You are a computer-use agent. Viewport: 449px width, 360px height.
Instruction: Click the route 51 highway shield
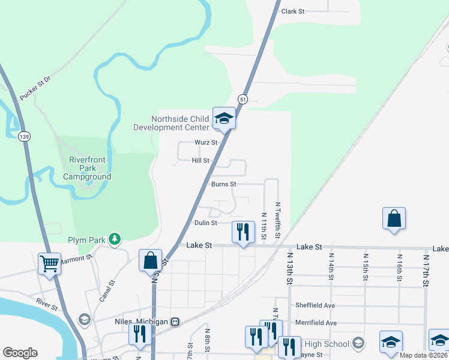point(243,98)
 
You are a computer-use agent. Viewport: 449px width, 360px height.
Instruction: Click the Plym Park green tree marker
point(114,240)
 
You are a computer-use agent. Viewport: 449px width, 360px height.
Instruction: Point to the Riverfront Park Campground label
point(87,169)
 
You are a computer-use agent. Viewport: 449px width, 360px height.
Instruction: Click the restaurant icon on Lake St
point(243,232)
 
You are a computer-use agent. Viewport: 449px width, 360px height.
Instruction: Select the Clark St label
point(294,11)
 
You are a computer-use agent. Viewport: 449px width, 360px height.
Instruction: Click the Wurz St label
point(206,143)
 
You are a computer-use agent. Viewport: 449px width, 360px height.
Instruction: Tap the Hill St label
point(200,161)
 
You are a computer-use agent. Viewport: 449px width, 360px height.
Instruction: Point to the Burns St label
point(224,184)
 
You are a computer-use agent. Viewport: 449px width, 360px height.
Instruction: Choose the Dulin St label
point(205,223)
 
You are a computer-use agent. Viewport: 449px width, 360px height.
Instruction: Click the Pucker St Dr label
point(37,90)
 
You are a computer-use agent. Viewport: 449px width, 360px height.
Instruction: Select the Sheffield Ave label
point(315,305)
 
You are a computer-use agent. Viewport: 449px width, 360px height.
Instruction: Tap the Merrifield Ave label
point(316,323)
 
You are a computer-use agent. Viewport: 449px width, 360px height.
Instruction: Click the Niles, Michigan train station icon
point(175,322)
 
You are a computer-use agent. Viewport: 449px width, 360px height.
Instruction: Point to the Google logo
point(20,353)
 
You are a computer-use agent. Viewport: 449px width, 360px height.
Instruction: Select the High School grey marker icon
point(358,343)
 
